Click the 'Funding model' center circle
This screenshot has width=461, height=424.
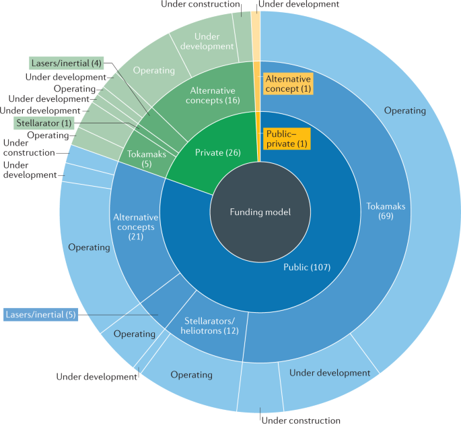pyautogui.click(x=260, y=212)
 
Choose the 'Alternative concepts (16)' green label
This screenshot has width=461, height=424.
pyautogui.click(x=213, y=94)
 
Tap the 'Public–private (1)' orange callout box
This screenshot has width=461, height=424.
pyautogui.click(x=286, y=138)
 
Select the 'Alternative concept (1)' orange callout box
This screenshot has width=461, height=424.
pyautogui.click(x=287, y=84)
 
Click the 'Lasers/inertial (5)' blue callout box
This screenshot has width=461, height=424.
pyautogui.click(x=41, y=314)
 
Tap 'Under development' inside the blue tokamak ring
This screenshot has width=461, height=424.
pyautogui.click(x=330, y=373)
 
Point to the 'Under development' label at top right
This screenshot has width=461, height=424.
pyautogui.click(x=299, y=5)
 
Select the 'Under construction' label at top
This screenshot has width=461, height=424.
pyautogui.click(x=200, y=5)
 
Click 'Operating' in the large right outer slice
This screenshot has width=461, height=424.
pyautogui.click(x=404, y=111)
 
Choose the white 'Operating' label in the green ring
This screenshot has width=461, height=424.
pyautogui.click(x=154, y=70)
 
